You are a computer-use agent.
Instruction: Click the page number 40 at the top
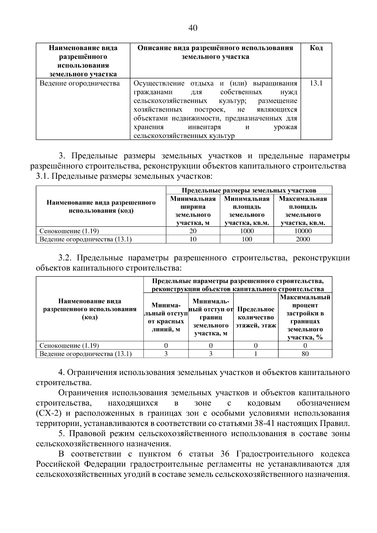coord(193,28)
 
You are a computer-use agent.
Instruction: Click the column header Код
coord(316,48)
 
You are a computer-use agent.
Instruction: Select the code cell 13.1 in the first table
coord(316,84)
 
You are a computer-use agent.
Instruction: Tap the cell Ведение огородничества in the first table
coord(79,84)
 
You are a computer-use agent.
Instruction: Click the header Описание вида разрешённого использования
coord(215,52)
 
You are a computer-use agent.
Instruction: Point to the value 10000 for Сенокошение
coord(303,231)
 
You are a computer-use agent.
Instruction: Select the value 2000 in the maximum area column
coord(303,239)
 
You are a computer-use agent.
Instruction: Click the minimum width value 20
coord(193,231)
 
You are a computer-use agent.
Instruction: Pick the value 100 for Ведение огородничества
coord(247,239)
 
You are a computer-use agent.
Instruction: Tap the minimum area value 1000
coord(247,231)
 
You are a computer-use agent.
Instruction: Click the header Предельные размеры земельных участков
coord(249,190)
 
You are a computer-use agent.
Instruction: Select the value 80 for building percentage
coord(305,354)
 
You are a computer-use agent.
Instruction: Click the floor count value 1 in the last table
coord(256,354)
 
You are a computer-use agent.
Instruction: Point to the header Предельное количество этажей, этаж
coord(256,317)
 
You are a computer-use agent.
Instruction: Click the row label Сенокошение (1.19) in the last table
coord(69,346)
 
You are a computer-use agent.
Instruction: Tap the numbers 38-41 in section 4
coord(263,423)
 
